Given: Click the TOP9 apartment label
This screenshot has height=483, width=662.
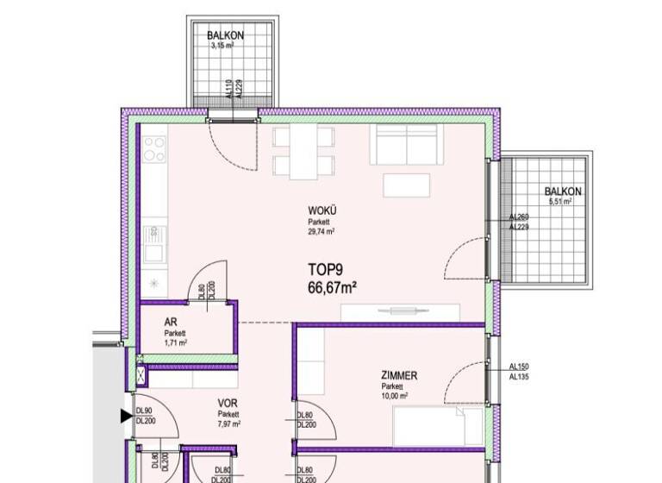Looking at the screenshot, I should point(326,270).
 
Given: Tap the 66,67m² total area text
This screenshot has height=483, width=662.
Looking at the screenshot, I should point(334,288).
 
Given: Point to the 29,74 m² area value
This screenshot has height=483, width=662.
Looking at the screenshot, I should point(322,232).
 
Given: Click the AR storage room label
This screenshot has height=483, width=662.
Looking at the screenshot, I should point(170,322).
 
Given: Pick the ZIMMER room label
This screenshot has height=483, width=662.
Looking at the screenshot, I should point(399,376).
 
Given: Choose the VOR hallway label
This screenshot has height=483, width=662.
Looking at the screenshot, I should point(228,403).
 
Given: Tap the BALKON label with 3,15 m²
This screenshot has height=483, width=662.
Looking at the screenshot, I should point(225,35).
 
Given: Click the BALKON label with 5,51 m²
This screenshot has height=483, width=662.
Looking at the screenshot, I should point(563,191).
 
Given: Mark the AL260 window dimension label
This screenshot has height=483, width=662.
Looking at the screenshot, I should point(519,217).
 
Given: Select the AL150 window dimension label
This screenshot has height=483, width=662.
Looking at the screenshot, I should point(519,366).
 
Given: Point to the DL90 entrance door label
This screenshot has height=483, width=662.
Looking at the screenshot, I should point(144,411).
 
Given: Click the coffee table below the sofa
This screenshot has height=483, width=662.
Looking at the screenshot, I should point(407,185).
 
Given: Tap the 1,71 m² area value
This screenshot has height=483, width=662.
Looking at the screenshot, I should point(175,342).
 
